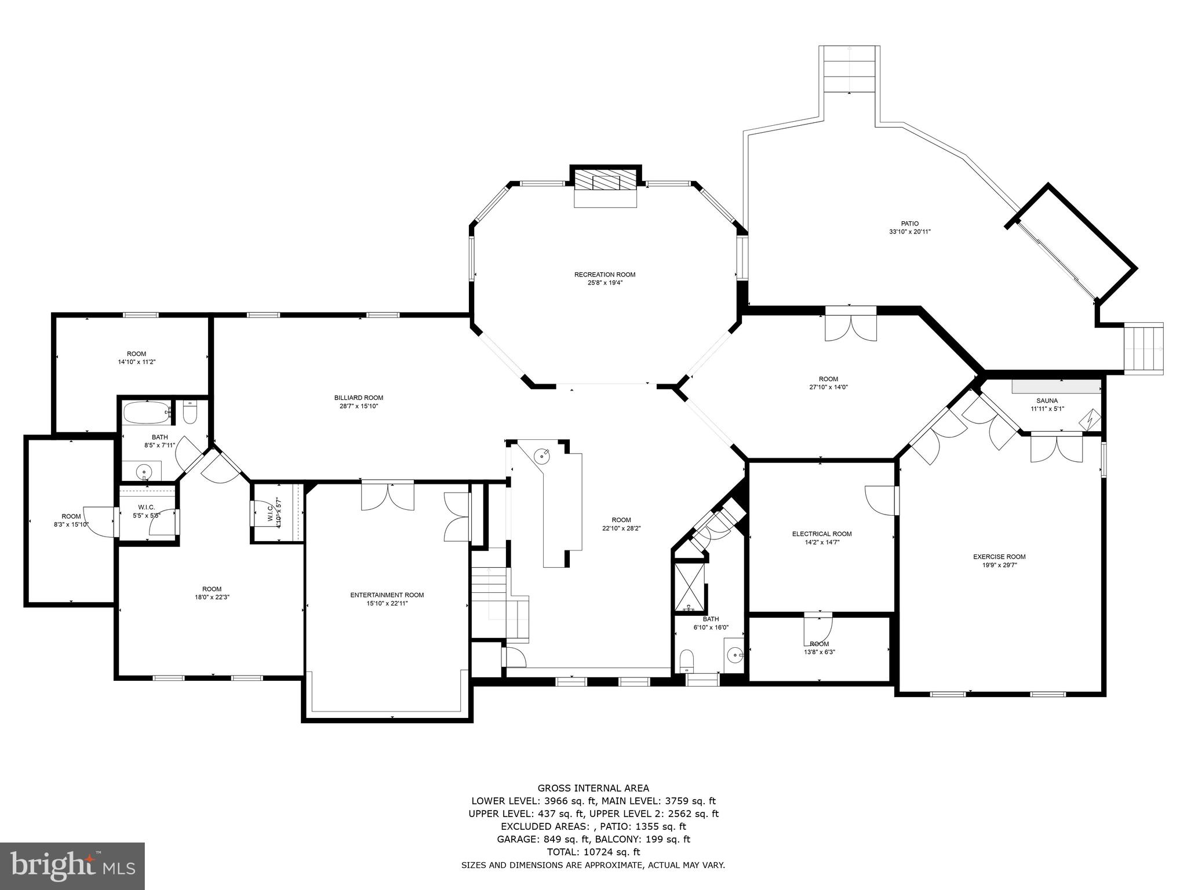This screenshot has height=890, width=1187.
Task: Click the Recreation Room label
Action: coord(605,275)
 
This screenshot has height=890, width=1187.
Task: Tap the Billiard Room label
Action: coord(358,397)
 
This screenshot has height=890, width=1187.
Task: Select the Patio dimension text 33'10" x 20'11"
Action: coord(909,232)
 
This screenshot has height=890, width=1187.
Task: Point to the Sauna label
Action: coord(1047,400)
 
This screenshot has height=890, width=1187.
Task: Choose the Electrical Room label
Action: coord(822,534)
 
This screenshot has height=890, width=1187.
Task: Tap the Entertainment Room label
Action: coord(387,595)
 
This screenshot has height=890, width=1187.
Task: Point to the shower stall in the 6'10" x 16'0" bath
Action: coord(689,587)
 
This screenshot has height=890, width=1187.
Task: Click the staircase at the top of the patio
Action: coord(849,69)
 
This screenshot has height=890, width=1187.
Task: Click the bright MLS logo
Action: coord(72,866)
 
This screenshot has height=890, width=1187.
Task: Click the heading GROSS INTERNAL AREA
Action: coord(593,788)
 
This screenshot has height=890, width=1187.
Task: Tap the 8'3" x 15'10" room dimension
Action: coord(71,524)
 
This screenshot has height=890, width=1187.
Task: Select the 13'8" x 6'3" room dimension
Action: coord(819,652)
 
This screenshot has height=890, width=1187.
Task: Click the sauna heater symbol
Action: coord(1092,418)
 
